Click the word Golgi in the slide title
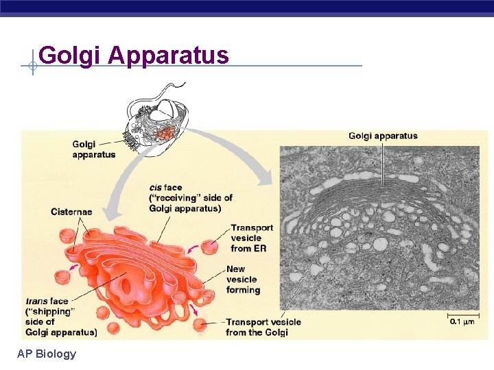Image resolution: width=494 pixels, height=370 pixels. (70, 55)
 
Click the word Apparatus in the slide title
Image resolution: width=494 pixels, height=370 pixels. (168, 55)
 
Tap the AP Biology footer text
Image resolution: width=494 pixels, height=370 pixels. (47, 354)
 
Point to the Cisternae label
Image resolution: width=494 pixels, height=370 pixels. (71, 212)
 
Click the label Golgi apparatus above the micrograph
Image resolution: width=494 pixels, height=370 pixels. (383, 136)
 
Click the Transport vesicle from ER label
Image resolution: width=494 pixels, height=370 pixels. (251, 238)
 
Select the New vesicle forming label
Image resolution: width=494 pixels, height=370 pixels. (242, 280)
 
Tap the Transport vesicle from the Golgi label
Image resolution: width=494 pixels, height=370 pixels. (263, 327)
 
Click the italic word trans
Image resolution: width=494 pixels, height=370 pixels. (37, 301)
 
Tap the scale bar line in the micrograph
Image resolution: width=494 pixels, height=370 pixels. (463, 314)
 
